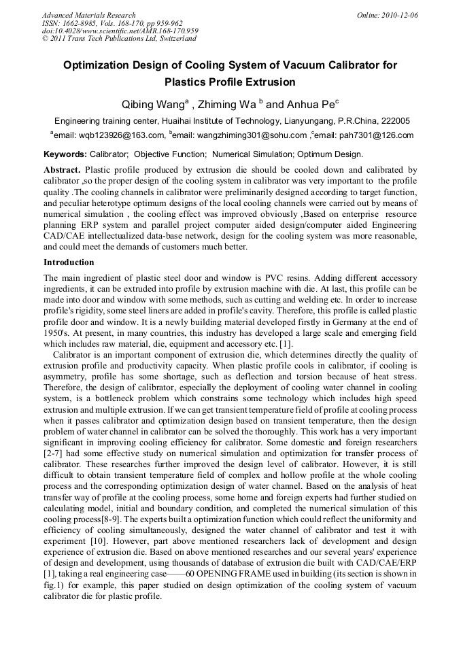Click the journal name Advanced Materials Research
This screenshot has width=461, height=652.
[x=88, y=15]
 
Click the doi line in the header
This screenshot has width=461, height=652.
[x=120, y=31]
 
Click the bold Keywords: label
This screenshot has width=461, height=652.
[x=65, y=154]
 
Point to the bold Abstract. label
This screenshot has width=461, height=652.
[x=63, y=169]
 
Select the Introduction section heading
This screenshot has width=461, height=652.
[x=69, y=262]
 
